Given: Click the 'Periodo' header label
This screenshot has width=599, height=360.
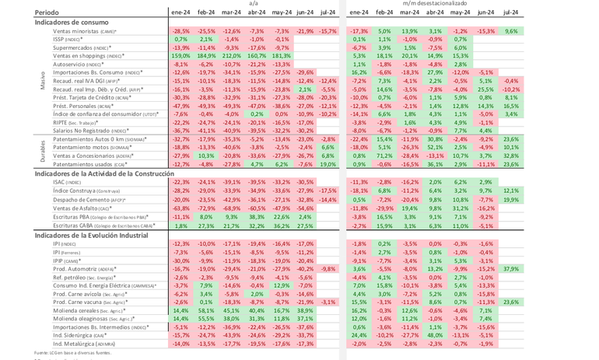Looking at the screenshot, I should point(47,13).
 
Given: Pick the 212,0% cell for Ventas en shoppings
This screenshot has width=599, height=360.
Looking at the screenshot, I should point(230,56).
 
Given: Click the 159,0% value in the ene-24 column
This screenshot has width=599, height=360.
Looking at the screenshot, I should point(180,56).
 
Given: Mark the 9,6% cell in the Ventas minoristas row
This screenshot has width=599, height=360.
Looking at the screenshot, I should point(511,30).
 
